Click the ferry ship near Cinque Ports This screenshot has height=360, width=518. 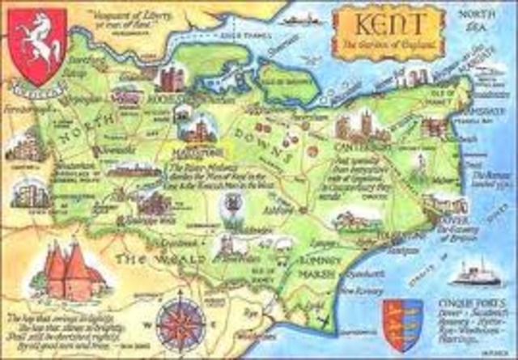[x=478, y=276]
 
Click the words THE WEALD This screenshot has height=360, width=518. [x=150, y=260]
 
